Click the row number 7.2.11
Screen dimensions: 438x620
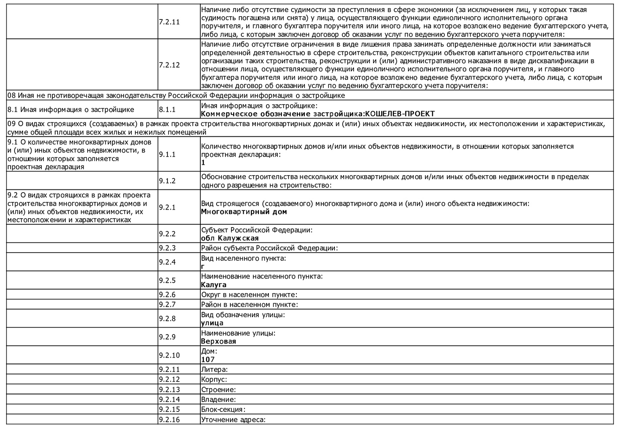click(x=169, y=22)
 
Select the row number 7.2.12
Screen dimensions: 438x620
click(x=169, y=65)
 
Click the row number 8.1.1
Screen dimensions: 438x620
click(x=167, y=109)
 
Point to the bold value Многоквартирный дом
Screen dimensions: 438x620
click(x=244, y=212)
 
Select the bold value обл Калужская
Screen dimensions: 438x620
click(x=230, y=238)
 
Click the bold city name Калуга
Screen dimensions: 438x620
click(x=214, y=285)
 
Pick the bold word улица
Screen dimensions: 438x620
click(x=212, y=323)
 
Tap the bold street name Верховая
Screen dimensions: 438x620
click(x=218, y=341)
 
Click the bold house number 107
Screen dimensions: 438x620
click(x=208, y=360)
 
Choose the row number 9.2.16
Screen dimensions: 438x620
click(x=169, y=420)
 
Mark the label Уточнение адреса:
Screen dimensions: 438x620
click(x=233, y=420)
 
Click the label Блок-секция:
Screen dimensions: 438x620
click(x=223, y=410)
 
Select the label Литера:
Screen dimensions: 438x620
click(x=214, y=369)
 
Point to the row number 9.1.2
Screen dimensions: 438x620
click(x=167, y=181)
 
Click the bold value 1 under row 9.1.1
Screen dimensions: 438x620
click(x=203, y=163)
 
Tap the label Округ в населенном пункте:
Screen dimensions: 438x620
click(x=249, y=295)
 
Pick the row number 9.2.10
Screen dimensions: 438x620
click(x=169, y=355)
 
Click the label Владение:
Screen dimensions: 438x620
click(x=218, y=400)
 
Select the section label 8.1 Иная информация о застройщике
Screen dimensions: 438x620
click(x=71, y=109)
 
